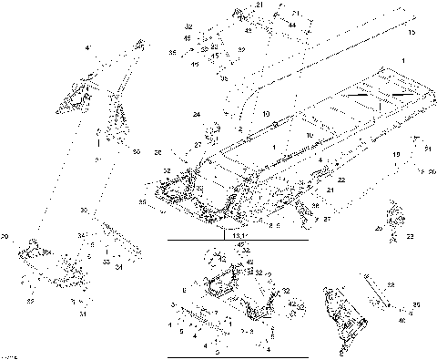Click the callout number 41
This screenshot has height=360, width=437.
tap(88, 46)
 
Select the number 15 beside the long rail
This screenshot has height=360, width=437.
tap(411, 33)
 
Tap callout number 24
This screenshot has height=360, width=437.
tap(195, 114)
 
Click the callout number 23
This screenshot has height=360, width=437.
tap(411, 236)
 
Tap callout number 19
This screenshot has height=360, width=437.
tap(396, 156)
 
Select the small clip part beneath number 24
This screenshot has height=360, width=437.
tap(218, 129)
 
